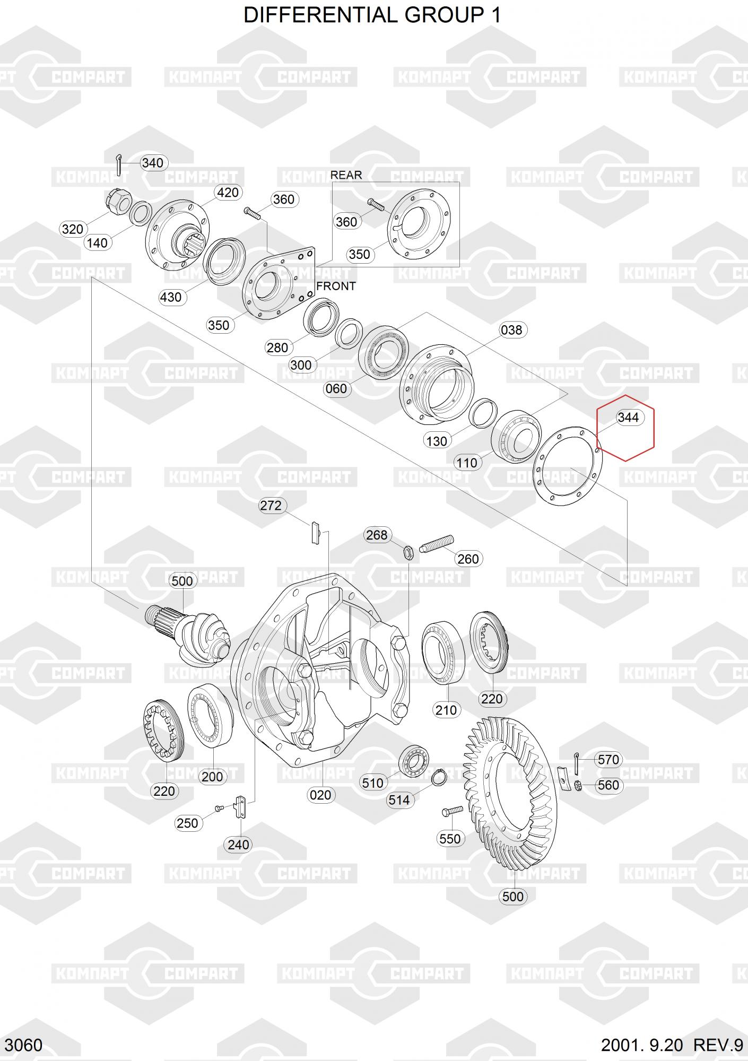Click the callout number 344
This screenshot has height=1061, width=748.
(628, 418)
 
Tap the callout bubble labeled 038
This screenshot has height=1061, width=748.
(511, 330)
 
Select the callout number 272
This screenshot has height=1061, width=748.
(271, 506)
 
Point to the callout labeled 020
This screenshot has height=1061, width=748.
(320, 795)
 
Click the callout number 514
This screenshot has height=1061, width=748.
(399, 800)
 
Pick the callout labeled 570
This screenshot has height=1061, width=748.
(608, 760)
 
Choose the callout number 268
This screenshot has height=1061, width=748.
(377, 535)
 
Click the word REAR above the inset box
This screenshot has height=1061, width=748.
(346, 175)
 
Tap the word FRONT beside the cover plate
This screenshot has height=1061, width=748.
(336, 286)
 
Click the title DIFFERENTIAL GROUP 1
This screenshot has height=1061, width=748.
(372, 16)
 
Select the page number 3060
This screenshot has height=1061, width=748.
(23, 1045)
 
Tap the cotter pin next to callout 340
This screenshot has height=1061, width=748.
(120, 164)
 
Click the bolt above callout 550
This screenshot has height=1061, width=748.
(451, 811)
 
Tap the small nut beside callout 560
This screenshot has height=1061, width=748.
(579, 786)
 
